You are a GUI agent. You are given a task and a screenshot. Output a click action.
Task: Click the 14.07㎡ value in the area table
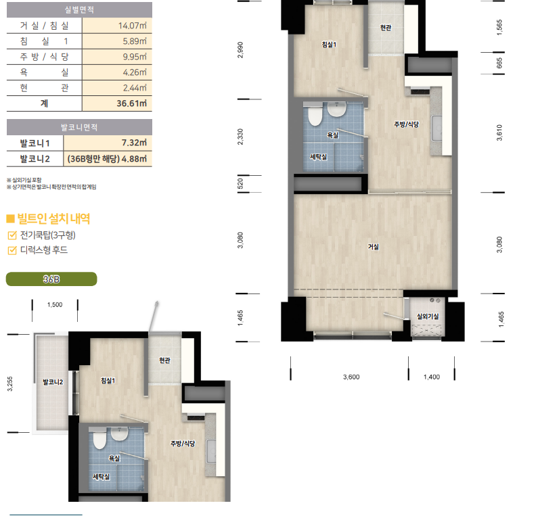pyautogui.click(x=132, y=26)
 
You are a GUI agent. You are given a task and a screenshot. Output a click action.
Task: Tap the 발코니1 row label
pyautogui.click(x=35, y=143)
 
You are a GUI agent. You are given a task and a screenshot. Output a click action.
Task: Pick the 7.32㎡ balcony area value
pyautogui.click(x=134, y=143)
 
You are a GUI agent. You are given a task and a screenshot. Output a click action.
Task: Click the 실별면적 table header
pyautogui.click(x=79, y=9)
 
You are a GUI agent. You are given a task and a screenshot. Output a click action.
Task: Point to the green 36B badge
pyautogui.click(x=51, y=279)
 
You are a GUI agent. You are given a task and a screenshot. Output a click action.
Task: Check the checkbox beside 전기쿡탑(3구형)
pyautogui.click(x=12, y=235)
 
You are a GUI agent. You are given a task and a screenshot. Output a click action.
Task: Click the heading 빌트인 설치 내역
pyautogui.click(x=53, y=218)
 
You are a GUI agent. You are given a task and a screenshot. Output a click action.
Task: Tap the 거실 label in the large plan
pyautogui.click(x=374, y=247)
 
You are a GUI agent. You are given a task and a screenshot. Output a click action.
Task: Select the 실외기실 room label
pyautogui.click(x=428, y=316)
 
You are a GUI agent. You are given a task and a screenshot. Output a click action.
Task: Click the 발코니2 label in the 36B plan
pyautogui.click(x=53, y=381)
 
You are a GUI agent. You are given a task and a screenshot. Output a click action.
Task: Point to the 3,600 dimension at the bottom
pyautogui.click(x=351, y=377)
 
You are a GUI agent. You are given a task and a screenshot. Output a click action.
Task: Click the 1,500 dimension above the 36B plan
pyautogui.click(x=55, y=304)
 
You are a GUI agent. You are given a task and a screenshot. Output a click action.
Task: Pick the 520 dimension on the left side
pyautogui.click(x=240, y=184)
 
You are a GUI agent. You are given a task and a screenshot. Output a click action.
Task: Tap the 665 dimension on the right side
pyautogui.click(x=499, y=63)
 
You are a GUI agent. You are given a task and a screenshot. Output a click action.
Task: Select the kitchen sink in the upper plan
pyautogui.click(x=436, y=128)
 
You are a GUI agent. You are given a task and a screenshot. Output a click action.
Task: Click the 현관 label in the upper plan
pyautogui.click(x=386, y=28)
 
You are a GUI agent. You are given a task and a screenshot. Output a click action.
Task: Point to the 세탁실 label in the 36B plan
pyautogui.click(x=102, y=477)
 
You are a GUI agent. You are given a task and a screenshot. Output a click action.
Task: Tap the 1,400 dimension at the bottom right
pyautogui.click(x=432, y=377)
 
